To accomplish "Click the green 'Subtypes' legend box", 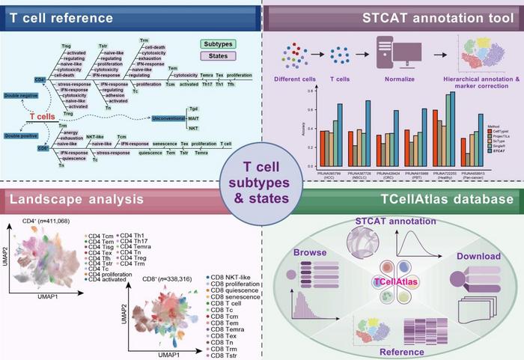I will (x=234, y=44).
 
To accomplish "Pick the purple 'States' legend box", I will (x=234, y=58).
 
